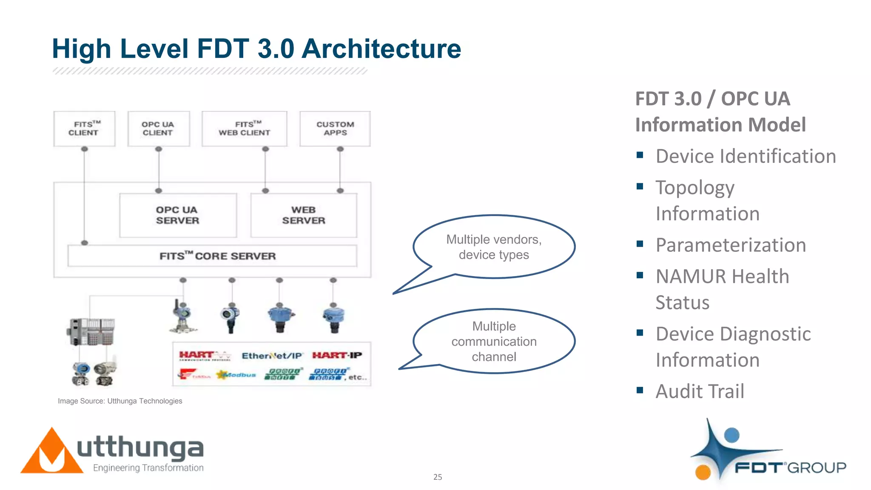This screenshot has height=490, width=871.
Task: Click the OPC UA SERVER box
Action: click(178, 215)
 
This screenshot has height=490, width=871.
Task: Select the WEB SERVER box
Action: click(304, 215)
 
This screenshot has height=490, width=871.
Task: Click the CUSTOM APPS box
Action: click(335, 128)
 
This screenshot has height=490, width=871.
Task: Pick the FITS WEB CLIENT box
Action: click(245, 128)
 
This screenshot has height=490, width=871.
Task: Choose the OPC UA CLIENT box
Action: click(158, 128)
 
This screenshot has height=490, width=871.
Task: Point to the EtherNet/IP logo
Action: click(272, 356)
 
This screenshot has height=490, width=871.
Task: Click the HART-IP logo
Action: click(337, 355)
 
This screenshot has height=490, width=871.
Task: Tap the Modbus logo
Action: click(236, 375)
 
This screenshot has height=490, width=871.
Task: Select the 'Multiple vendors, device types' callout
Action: click(494, 247)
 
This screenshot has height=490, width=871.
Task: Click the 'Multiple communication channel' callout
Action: click(494, 342)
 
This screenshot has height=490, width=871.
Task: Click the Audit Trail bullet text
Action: click(700, 391)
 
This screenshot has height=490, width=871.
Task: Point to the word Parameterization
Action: click(731, 245)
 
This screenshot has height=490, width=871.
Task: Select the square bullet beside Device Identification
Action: click(640, 155)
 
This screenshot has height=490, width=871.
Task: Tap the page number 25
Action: click(438, 477)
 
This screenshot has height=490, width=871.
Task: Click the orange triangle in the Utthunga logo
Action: click(51, 453)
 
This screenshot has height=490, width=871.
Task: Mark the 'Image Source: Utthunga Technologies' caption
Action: click(120, 401)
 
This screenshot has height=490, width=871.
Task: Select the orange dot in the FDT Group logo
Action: click(703, 472)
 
